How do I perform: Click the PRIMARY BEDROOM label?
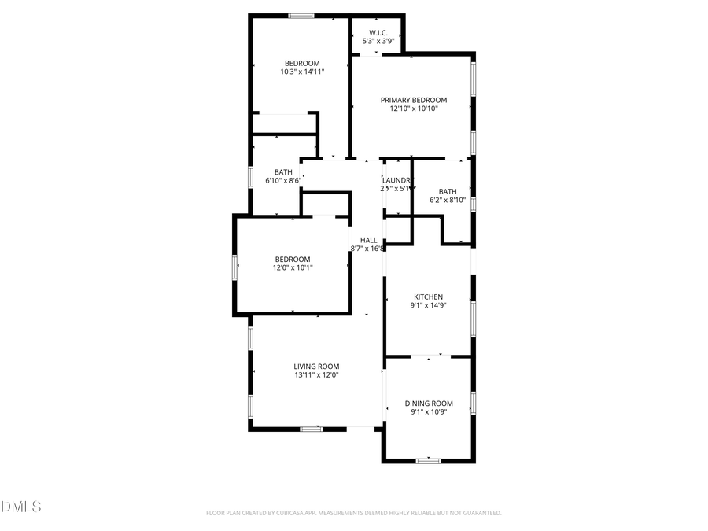tap(413, 100)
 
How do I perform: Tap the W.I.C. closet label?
tap(377, 32)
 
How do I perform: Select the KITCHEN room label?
tap(428, 297)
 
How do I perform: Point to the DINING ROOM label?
tap(429, 404)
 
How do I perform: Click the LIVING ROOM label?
tap(316, 367)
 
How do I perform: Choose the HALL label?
tap(368, 240)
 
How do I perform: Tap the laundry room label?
tap(397, 180)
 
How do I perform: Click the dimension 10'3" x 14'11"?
tap(302, 72)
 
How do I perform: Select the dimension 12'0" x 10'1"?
tap(292, 267)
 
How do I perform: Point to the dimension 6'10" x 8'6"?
tap(283, 180)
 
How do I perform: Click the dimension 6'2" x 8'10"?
tap(447, 200)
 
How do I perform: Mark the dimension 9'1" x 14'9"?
tap(428, 305)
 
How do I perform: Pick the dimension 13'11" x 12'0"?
tap(316, 375)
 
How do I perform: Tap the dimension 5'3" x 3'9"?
tap(377, 41)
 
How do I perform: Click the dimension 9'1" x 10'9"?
tap(429, 412)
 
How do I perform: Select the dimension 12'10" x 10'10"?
tap(413, 109)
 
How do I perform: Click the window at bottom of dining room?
tap(428, 461)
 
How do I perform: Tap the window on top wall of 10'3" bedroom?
tap(301, 16)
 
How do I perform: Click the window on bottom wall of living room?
tap(312, 429)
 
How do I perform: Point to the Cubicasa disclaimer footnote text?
tap(353, 513)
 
